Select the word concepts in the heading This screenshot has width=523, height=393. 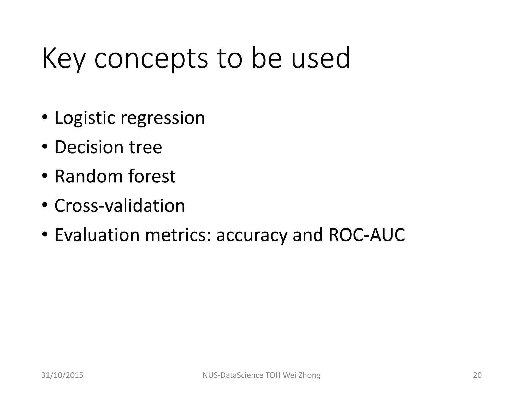pyautogui.click(x=151, y=59)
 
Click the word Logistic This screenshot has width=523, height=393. pyautogui.click(x=85, y=118)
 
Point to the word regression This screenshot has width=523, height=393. pyautogui.click(x=163, y=118)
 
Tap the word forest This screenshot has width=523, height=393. pyautogui.click(x=152, y=176)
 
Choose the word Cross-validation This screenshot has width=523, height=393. pyautogui.click(x=120, y=205)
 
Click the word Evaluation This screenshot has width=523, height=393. pyautogui.click(x=97, y=235)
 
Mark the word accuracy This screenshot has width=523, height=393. pyautogui.click(x=252, y=235)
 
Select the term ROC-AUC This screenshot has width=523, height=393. pyautogui.click(x=367, y=235)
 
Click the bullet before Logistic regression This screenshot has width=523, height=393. pyautogui.click(x=45, y=118)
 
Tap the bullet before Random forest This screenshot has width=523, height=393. pyautogui.click(x=45, y=176)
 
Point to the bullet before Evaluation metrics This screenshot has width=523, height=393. pyautogui.click(x=45, y=235)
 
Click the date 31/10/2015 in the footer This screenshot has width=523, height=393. pyautogui.click(x=62, y=375)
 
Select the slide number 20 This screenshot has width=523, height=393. pyautogui.click(x=477, y=375)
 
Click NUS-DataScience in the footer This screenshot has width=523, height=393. pyautogui.click(x=233, y=375)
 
